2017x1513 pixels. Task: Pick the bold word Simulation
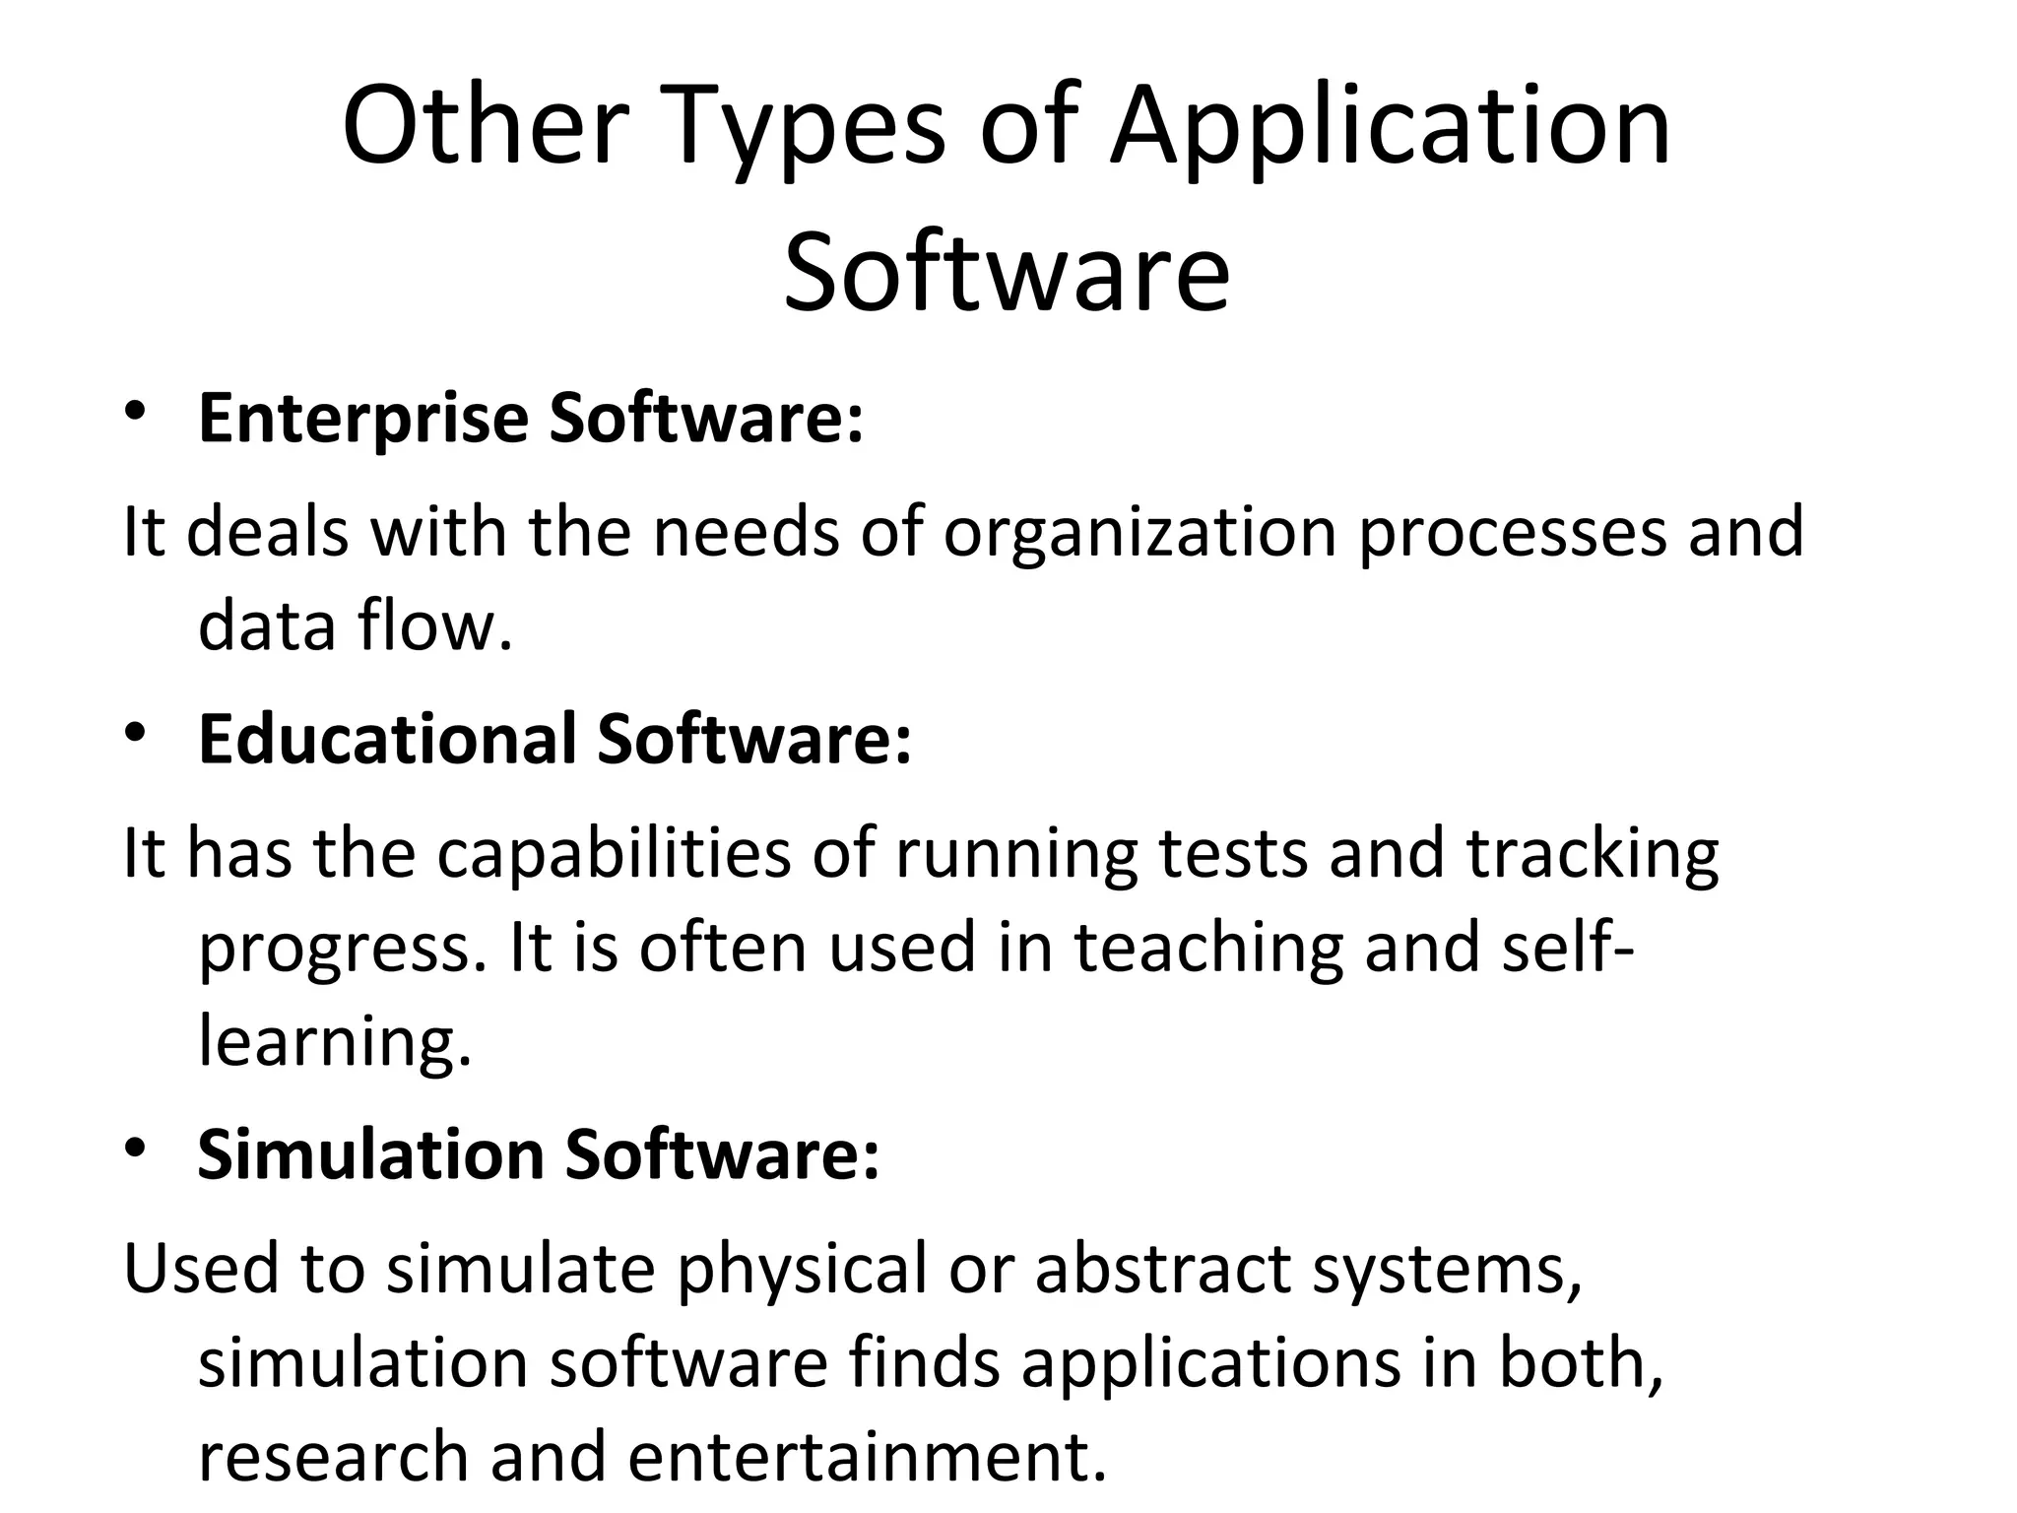pos(370,1154)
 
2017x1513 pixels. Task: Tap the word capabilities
pos(614,853)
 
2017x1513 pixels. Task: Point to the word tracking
pos(1593,853)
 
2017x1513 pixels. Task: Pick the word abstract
pos(1161,1269)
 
